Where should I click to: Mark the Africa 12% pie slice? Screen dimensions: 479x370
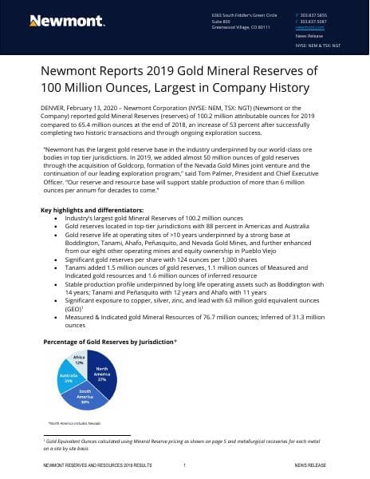point(79,358)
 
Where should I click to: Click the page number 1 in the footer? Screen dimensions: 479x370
point(184,464)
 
